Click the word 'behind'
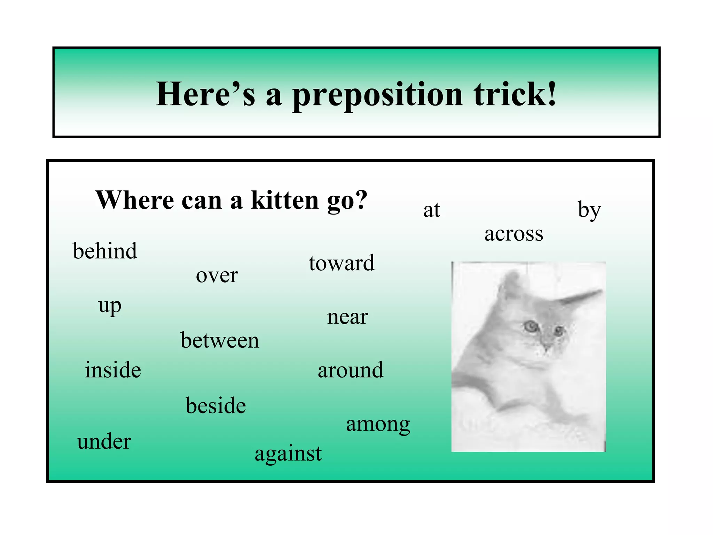[105, 251]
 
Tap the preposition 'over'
[217, 276]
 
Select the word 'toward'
[342, 263]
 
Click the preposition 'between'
[220, 340]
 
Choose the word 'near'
[347, 317]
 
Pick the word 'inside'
[113, 370]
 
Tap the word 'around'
[350, 370]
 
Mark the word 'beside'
[216, 406]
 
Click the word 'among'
[378, 425]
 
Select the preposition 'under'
[104, 442]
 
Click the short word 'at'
[432, 210]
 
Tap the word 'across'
[514, 234]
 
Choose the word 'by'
[589, 210]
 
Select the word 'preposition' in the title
[378, 95]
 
